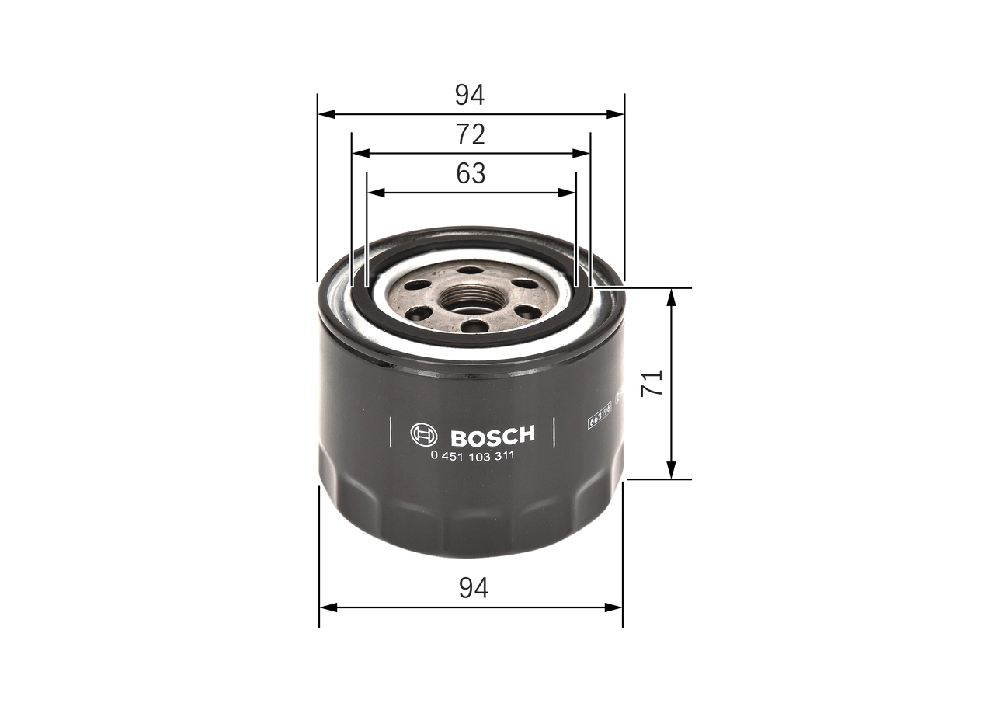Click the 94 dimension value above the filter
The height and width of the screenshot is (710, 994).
pyautogui.click(x=470, y=95)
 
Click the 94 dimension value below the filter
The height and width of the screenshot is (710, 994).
pyautogui.click(x=473, y=588)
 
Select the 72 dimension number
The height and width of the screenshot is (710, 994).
pyautogui.click(x=471, y=134)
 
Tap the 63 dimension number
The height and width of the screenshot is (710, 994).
pyautogui.click(x=471, y=173)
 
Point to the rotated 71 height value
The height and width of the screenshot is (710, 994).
pyautogui.click(x=655, y=383)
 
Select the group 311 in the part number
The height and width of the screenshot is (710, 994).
pyautogui.click(x=502, y=456)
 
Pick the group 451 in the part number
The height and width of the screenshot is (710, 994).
pyautogui.click(x=454, y=456)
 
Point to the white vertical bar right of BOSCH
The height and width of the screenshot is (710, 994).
pyautogui.click(x=554, y=433)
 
